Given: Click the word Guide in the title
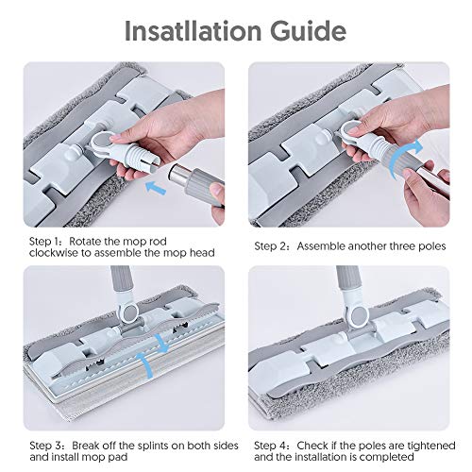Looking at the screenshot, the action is (x=308, y=31).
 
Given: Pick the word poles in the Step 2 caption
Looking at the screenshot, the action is (x=431, y=246).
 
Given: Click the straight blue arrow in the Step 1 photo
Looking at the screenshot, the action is (x=156, y=188).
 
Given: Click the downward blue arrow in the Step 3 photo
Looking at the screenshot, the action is (x=161, y=343).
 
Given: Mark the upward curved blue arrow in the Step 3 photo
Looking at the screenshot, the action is (x=145, y=364).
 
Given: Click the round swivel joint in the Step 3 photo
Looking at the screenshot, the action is (x=128, y=311).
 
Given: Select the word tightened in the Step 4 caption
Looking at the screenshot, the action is (x=431, y=446).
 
